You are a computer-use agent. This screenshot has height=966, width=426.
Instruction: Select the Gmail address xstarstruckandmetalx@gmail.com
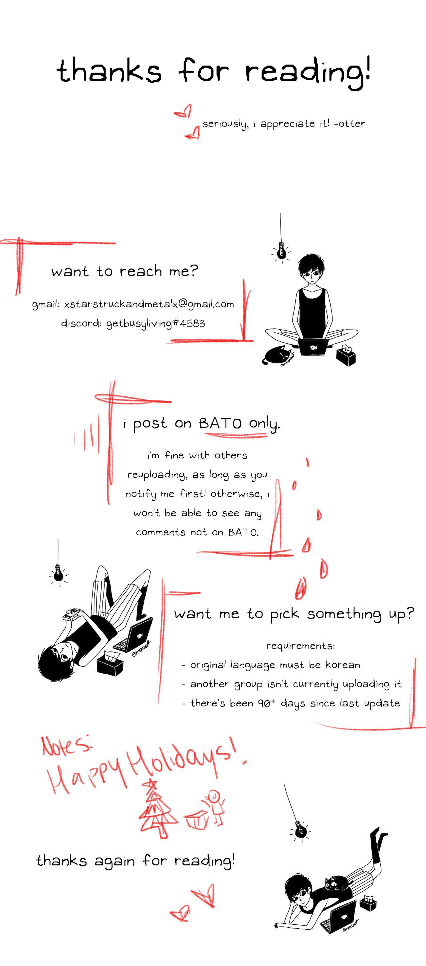tap(149, 304)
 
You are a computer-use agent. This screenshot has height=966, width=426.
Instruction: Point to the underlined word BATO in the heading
tap(220, 423)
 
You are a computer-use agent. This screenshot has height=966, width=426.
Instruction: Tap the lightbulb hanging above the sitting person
tap(281, 252)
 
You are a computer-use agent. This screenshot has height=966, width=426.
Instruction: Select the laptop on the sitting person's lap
tap(313, 347)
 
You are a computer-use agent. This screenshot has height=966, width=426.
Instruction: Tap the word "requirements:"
tap(301, 646)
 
